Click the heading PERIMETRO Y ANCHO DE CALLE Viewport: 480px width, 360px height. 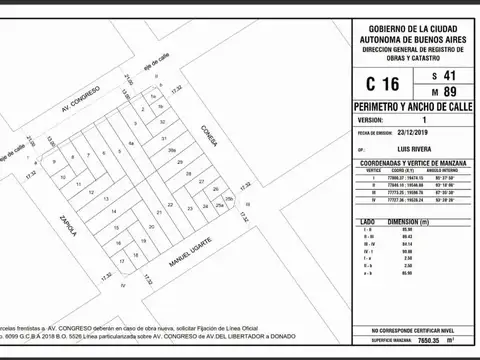(414, 106)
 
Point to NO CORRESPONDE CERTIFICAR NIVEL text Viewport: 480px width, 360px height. (414, 329)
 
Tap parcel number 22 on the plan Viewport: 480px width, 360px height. (171, 206)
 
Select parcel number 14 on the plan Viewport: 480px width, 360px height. (113, 212)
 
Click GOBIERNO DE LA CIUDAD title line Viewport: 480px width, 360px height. (414, 28)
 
